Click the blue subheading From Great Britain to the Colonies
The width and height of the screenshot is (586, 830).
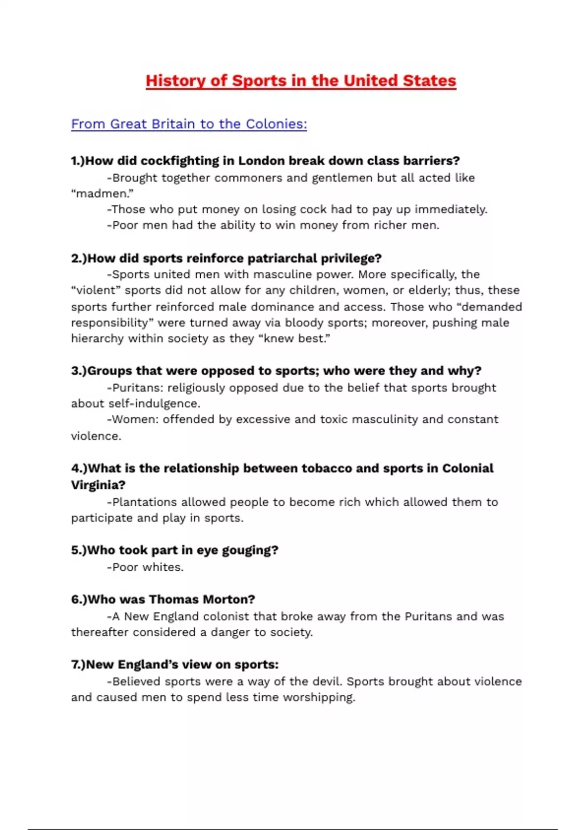[189, 124]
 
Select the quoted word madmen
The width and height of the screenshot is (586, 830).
[103, 194]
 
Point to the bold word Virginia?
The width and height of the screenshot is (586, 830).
[98, 485]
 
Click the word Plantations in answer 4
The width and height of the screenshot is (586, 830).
[145, 502]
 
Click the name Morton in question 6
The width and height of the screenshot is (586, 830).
[229, 600]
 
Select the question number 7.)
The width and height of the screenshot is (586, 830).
[78, 665]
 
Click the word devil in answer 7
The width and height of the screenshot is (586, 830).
[326, 682]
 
